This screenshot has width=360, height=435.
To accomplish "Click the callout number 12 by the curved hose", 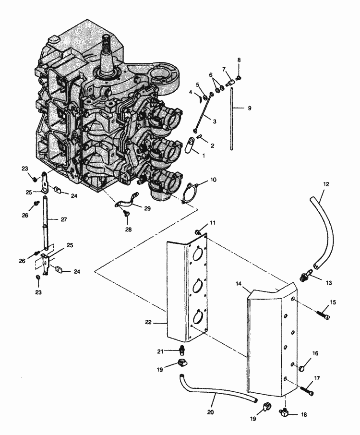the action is pos(326,184).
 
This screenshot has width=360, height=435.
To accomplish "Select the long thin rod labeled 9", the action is pos(231,119).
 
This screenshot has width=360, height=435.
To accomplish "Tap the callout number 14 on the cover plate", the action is pos(239,284).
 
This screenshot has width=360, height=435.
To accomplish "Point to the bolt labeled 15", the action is pos(323,315).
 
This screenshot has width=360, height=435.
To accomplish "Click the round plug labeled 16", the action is pos(302,369).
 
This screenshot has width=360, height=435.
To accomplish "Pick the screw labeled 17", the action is pos(307,390).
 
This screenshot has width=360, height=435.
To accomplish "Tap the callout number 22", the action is pos(148,322).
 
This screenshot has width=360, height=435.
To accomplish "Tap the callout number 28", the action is pos(128,230).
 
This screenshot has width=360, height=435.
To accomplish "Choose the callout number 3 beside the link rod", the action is pos(215,121).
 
